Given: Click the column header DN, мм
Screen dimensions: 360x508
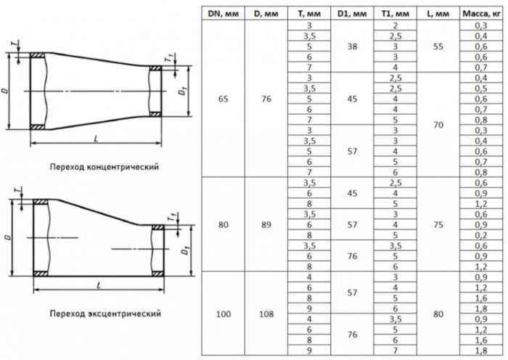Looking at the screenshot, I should pos(221,15).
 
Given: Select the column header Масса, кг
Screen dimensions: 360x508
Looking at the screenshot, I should pos(480,15).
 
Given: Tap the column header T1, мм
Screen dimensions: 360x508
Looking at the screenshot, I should pos(396,15).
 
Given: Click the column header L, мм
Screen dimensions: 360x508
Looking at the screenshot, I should pos(438,15).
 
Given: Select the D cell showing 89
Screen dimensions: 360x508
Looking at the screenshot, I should pos(266,224).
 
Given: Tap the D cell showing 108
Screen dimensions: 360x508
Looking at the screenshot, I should pos(266,315).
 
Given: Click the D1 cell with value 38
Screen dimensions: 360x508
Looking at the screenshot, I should pos(352,46).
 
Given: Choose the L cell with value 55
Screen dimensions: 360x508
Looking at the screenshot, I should pos(438,46).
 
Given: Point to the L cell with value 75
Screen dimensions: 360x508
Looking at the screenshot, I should pos(438,224).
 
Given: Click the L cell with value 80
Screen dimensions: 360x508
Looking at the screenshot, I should pos(438,315).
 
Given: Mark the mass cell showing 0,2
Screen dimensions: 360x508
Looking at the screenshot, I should pos(480,235).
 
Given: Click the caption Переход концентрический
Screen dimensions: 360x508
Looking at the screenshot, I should pos(104,166).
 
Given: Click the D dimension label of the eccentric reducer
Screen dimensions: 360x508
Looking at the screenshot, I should pos(7,237).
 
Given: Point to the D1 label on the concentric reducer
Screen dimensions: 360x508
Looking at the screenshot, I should pos(184,91).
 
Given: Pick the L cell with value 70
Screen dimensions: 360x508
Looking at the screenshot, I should pos(438,125).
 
